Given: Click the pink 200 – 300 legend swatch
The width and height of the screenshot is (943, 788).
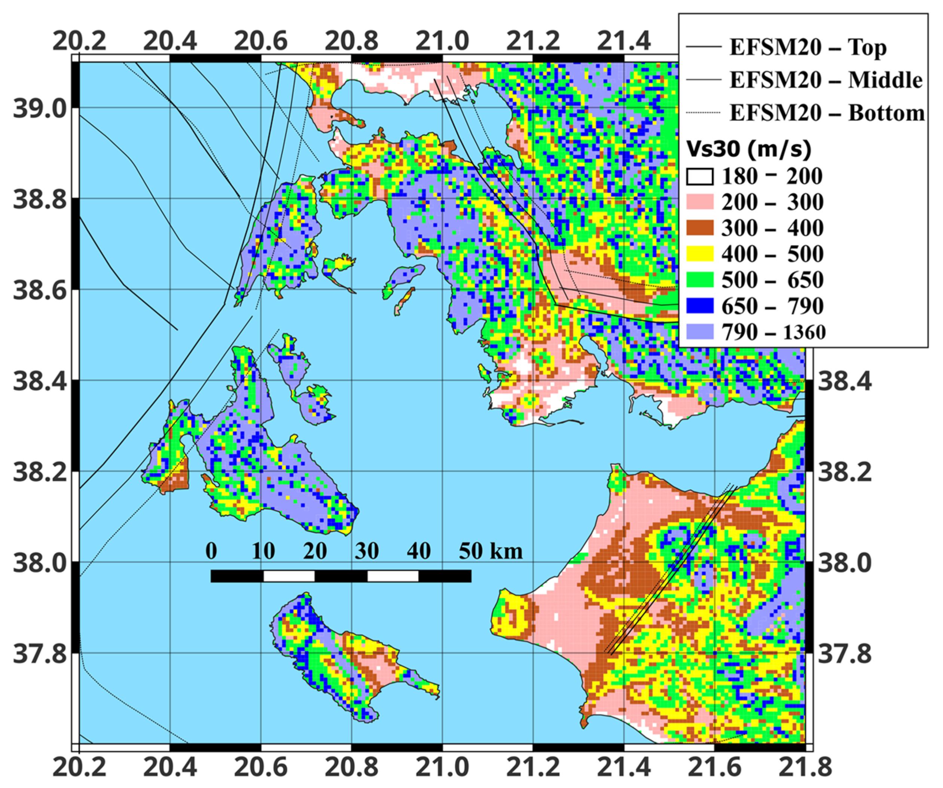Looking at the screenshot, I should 700,202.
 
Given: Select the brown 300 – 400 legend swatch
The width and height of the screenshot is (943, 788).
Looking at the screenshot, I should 700,228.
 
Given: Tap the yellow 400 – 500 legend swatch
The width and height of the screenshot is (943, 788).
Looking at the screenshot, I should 700,254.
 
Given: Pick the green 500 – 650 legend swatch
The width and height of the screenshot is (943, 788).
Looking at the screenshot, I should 700,280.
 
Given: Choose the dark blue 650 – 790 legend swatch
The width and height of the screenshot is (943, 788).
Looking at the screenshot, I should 700,306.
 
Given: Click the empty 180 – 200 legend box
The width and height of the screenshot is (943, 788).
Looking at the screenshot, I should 700,177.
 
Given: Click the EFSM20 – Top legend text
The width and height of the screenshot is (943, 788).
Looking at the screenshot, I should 808,47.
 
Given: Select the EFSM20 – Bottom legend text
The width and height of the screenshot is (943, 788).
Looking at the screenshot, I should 827,113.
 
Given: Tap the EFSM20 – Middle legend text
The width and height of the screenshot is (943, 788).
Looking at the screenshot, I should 826,80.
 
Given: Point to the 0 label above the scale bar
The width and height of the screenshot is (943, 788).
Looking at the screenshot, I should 211,551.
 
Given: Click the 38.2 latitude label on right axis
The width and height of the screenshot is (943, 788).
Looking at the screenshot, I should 844,472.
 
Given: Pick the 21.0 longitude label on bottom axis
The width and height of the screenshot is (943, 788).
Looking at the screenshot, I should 442,767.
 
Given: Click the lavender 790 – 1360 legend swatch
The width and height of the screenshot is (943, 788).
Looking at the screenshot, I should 700,332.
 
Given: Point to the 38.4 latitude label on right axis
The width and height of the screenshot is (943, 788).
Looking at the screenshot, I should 844,381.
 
